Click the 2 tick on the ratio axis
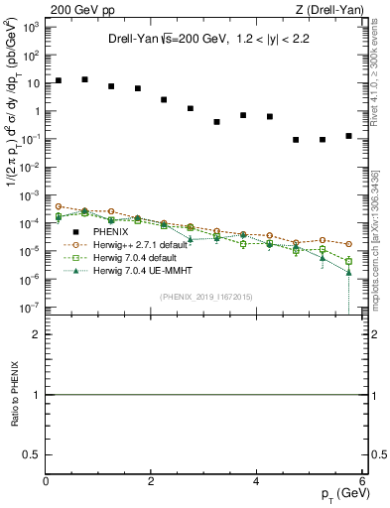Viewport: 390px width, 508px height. tap(37, 334)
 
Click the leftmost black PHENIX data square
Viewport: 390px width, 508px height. tap(59, 80)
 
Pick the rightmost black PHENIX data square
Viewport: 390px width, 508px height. tap(348, 136)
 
